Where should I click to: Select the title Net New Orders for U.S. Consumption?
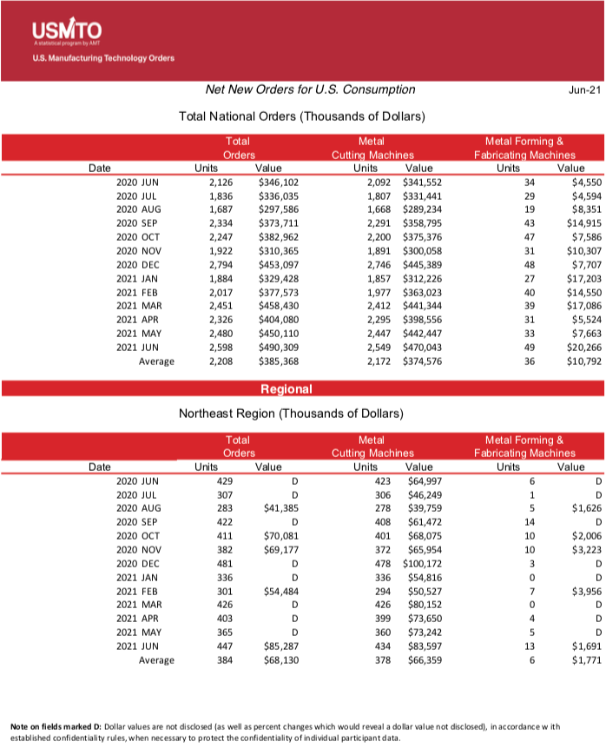click(x=309, y=89)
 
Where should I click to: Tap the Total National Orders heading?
click(x=301, y=116)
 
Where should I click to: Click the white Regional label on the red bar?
click(x=286, y=389)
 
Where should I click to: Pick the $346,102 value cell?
click(x=279, y=182)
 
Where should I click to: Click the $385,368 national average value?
click(x=279, y=361)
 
